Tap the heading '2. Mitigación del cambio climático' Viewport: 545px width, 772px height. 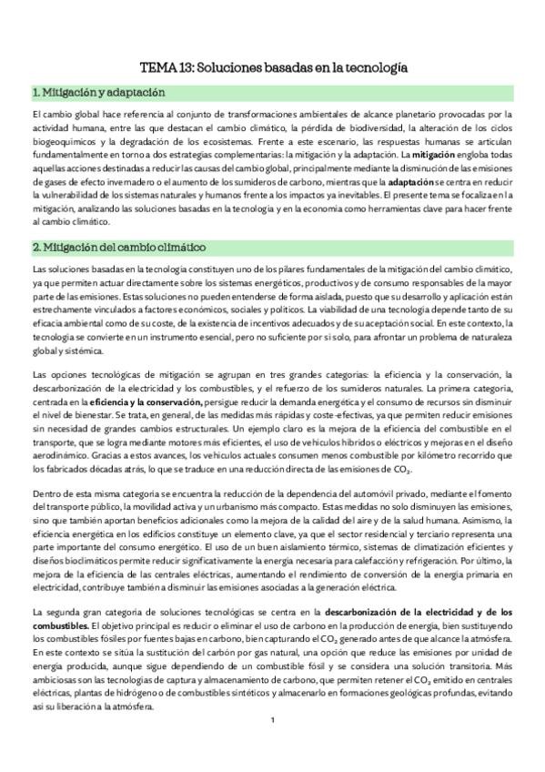click(x=118, y=248)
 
